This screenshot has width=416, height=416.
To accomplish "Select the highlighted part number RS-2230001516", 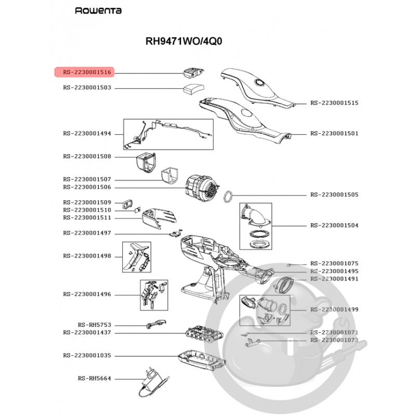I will click(x=87, y=72).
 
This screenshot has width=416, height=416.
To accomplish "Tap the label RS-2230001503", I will click(x=87, y=88).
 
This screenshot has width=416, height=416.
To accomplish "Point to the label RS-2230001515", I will click(x=334, y=103).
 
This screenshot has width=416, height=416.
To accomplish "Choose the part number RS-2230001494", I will click(x=87, y=134).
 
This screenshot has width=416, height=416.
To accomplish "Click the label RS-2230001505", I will click(x=334, y=194).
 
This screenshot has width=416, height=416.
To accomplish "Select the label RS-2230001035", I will click(x=87, y=356).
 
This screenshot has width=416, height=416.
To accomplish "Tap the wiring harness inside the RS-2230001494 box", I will click(x=168, y=134).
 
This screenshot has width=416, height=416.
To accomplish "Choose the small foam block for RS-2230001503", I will click(x=192, y=89).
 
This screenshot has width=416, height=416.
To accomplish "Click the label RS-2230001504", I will click(x=334, y=226).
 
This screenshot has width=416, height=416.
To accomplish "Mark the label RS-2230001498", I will click(x=87, y=256).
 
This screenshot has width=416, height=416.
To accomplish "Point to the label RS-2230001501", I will click(x=334, y=134).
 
